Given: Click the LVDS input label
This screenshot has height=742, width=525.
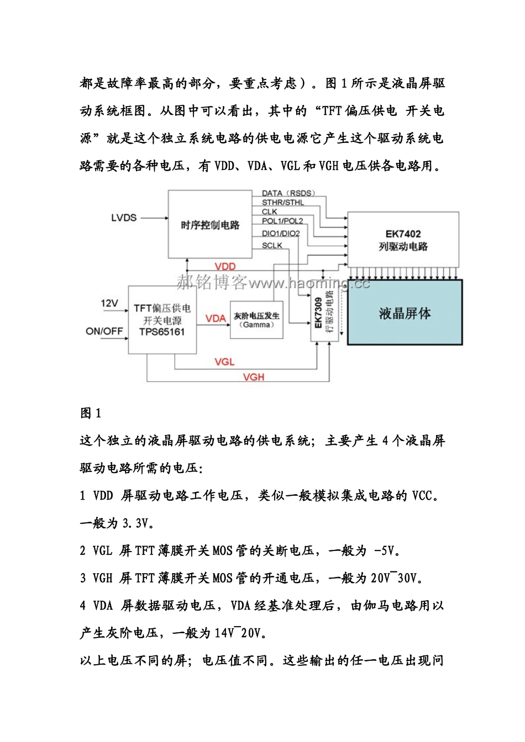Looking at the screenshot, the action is (x=124, y=218).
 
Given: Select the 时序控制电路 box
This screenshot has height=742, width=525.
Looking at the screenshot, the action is (x=210, y=224).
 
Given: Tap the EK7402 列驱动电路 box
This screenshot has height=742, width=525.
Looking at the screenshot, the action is (x=403, y=240).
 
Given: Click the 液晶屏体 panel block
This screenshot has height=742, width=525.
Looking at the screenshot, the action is (x=405, y=313).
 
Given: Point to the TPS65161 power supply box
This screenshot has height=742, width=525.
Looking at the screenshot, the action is (x=162, y=320).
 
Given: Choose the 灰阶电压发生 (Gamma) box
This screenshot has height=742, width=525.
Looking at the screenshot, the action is (x=256, y=320).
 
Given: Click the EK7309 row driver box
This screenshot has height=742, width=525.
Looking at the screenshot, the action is (x=324, y=314).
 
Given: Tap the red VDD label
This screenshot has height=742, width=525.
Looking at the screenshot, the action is (x=225, y=266).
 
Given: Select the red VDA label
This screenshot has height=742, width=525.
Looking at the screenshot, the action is (x=216, y=318).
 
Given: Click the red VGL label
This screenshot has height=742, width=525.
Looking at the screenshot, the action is (x=224, y=362).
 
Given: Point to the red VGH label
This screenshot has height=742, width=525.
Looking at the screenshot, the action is (x=254, y=377).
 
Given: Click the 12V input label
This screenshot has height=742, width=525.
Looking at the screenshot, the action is (x=109, y=303).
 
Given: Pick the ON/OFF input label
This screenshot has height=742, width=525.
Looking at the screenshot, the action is (x=104, y=331).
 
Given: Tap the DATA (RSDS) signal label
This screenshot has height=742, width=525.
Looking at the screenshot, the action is (x=288, y=193).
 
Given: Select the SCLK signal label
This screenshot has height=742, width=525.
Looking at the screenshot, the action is (x=272, y=246).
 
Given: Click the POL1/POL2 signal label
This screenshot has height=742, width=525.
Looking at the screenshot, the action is (x=282, y=221).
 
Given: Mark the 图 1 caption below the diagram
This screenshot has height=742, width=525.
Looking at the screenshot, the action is (x=91, y=413).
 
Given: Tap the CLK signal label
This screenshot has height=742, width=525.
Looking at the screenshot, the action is (x=270, y=211).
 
